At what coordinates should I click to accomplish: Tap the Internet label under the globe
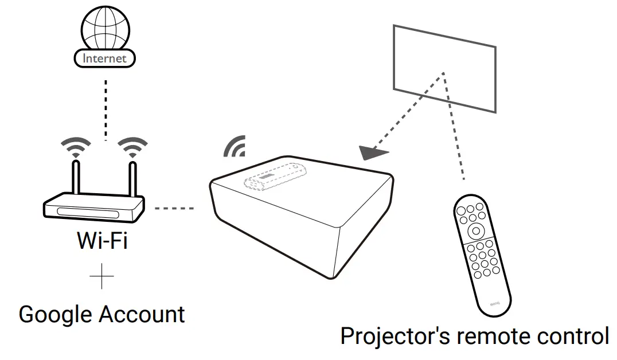click(x=104, y=58)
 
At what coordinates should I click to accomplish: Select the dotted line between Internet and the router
click(x=105, y=109)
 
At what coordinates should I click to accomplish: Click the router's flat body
click(x=95, y=209)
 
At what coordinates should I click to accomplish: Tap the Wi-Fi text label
click(x=102, y=241)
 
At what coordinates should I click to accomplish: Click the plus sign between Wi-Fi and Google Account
click(x=102, y=279)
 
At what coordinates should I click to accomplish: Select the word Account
click(x=142, y=315)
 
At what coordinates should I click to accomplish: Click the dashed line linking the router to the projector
click(x=175, y=208)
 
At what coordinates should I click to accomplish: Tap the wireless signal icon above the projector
click(x=235, y=147)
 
